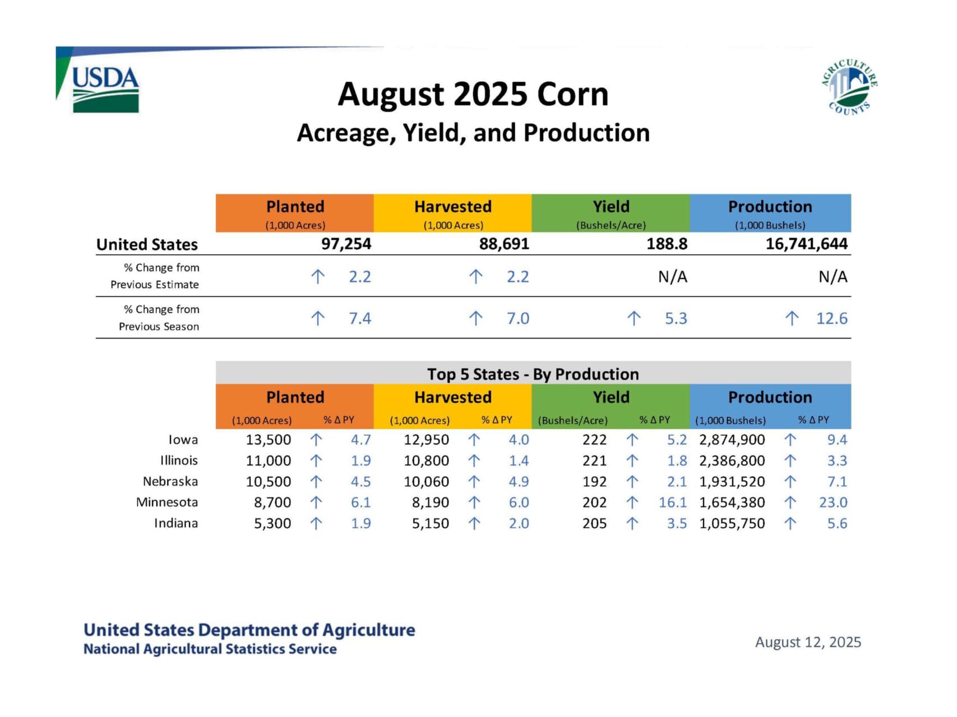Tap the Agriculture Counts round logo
(x=849, y=87)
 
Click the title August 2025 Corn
(x=473, y=94)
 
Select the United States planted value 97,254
(x=346, y=244)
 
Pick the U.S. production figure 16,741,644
(x=807, y=244)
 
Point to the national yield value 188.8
(x=667, y=244)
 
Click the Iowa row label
(x=183, y=440)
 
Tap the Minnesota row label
(x=167, y=502)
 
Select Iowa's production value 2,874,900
(x=732, y=440)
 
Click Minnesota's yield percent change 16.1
(x=673, y=502)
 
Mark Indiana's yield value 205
(x=594, y=523)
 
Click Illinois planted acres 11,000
(x=268, y=460)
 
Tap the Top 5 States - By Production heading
(x=533, y=374)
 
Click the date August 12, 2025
(x=808, y=642)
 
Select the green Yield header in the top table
(x=611, y=213)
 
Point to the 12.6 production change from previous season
(x=831, y=318)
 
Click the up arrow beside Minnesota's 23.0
(x=790, y=502)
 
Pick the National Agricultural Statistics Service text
(x=210, y=649)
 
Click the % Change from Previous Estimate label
(x=155, y=276)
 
